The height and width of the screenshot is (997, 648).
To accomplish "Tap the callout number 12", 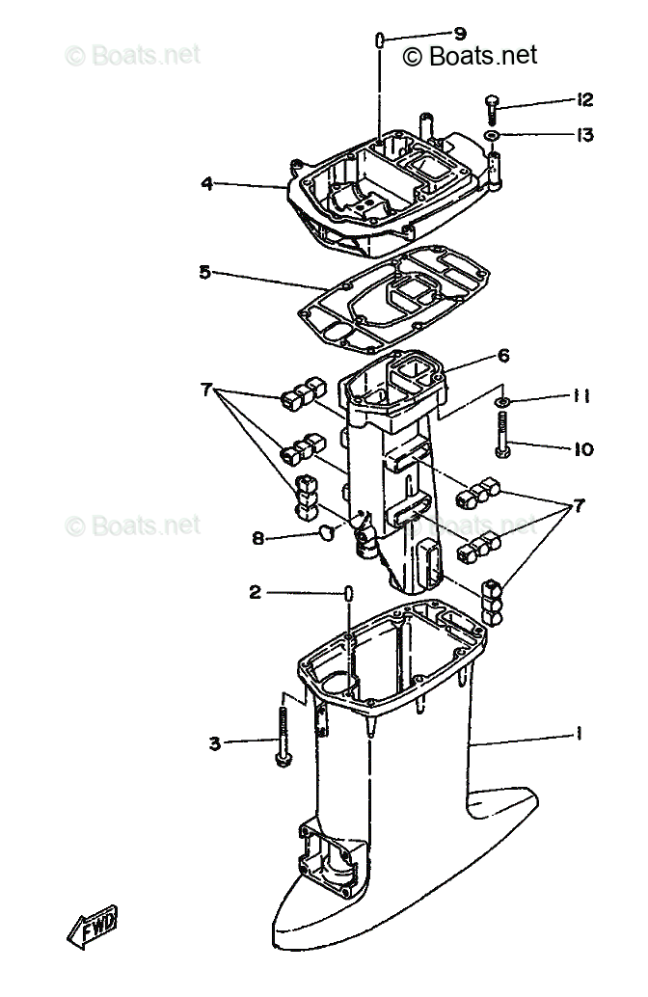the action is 584,100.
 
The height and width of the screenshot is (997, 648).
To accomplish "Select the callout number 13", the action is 584,135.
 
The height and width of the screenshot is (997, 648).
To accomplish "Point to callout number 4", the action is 207,183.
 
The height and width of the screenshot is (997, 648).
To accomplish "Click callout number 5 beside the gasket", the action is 204,272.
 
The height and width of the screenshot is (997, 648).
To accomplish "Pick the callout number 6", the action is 503,355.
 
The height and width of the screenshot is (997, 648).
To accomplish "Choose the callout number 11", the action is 581,396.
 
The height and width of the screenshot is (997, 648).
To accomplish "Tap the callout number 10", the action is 583,448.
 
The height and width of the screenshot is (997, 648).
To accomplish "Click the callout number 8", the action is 258,539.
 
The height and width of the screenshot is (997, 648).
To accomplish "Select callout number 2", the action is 256,593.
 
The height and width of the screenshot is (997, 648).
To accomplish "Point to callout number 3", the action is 214,742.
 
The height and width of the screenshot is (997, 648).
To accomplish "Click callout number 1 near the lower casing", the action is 579,735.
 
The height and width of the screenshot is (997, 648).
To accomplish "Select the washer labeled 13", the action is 493,137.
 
